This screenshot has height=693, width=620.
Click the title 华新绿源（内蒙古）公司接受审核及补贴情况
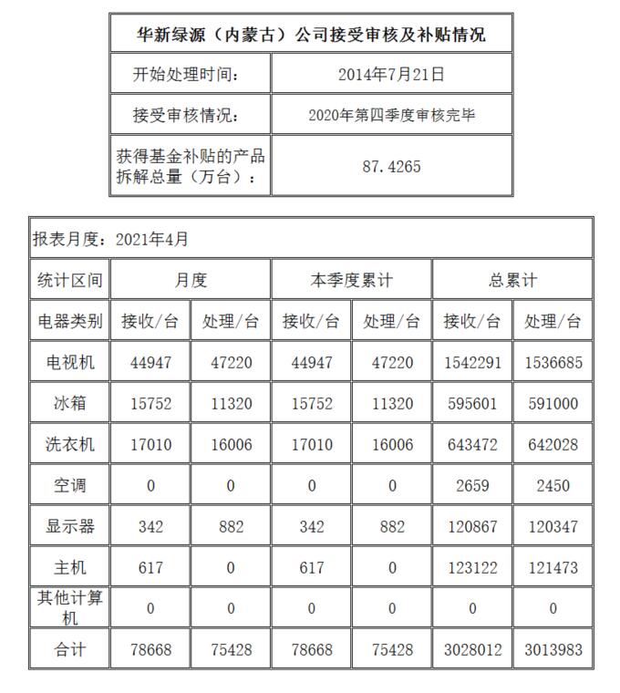pyautogui.click(x=311, y=35)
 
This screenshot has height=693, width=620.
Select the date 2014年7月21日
pyautogui.click(x=391, y=75)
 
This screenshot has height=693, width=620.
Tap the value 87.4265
pyautogui.click(x=391, y=167)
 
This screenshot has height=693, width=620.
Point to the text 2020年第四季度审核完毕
pyautogui.click(x=391, y=116)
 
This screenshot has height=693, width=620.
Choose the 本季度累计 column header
pyautogui.click(x=352, y=280)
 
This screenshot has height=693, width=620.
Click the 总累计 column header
pyautogui.click(x=512, y=280)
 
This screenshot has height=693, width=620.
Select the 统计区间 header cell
pyautogui.click(x=70, y=280)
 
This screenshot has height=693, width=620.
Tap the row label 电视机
pyautogui.click(x=70, y=362)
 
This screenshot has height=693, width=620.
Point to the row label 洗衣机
pyautogui.click(x=70, y=445)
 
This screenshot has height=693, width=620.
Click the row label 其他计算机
pyautogui.click(x=70, y=607)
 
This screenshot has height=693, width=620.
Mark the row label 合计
pyautogui.click(x=70, y=651)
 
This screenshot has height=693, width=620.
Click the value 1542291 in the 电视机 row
pyautogui.click(x=472, y=363)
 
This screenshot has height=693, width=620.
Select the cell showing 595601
pyautogui.click(x=472, y=404)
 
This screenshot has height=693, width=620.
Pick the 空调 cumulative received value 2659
pyautogui.click(x=472, y=486)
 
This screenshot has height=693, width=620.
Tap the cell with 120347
pyautogui.click(x=553, y=527)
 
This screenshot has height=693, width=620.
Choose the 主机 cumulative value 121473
pyautogui.click(x=553, y=568)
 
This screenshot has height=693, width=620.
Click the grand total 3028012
pyautogui.click(x=472, y=651)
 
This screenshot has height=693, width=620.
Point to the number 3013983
pyautogui.click(x=553, y=651)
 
